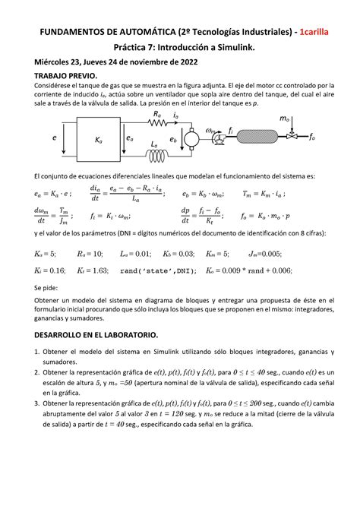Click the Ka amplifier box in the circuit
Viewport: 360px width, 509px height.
pyautogui.click(x=97, y=139)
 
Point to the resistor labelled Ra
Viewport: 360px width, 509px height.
pyautogui.click(x=157, y=122)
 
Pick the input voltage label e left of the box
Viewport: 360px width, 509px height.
pyautogui.click(x=55, y=139)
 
